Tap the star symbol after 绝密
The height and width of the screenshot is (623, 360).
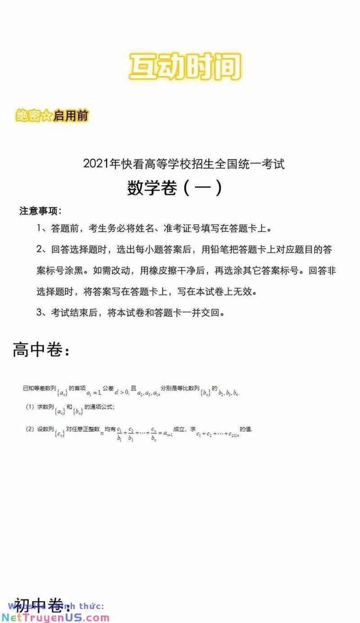click(47, 116)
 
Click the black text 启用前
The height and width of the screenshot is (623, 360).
click(71, 116)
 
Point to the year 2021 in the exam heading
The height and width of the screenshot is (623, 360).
click(96, 164)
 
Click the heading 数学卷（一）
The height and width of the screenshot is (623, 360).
click(175, 188)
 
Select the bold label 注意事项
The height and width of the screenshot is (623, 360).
click(40, 211)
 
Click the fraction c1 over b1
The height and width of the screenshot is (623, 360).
click(119, 433)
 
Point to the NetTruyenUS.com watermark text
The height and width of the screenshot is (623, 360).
click(54, 617)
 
